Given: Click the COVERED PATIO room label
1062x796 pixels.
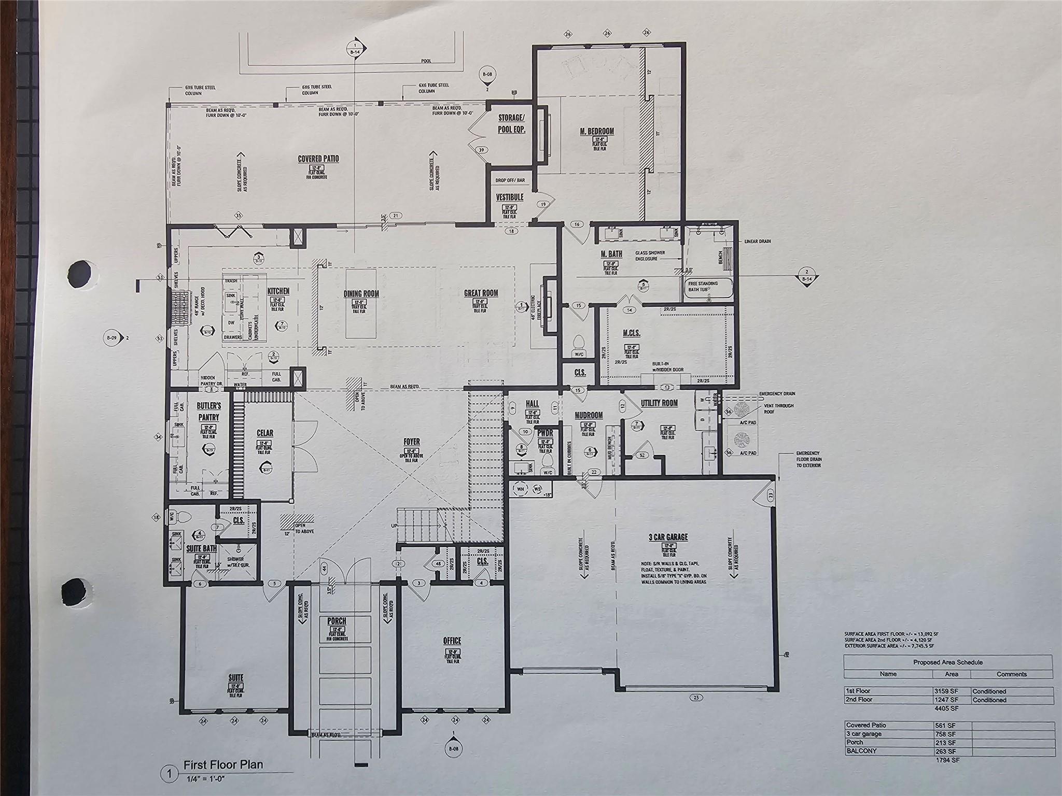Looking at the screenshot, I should [x=318, y=159].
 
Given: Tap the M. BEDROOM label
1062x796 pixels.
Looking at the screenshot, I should [x=597, y=131].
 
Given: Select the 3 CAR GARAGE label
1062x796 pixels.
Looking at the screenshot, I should [x=668, y=537].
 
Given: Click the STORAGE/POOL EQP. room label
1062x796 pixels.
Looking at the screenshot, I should [x=511, y=124].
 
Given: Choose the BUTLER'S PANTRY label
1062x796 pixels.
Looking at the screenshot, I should [x=209, y=411].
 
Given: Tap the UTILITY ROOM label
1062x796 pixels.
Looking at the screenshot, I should [x=659, y=403].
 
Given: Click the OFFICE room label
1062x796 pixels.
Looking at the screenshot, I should [x=452, y=641].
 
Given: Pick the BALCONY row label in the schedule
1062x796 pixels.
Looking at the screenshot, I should [x=861, y=750].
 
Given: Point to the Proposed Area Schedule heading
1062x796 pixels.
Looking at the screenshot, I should [x=948, y=662].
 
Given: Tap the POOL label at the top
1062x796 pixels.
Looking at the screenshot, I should [x=426, y=61].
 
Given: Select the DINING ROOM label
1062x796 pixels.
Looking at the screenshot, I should [x=361, y=294].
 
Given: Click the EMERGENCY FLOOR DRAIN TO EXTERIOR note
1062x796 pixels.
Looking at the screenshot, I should [x=808, y=459].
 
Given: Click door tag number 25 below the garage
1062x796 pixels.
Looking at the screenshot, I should [x=696, y=697].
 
